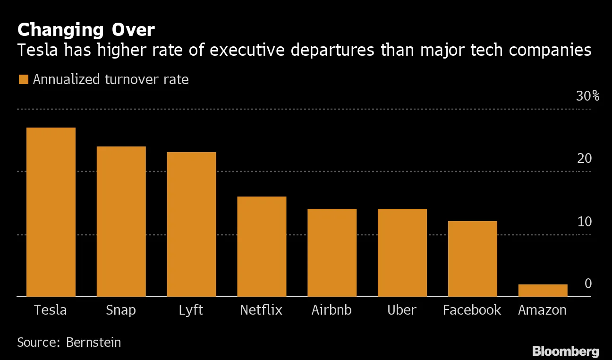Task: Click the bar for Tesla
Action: (51, 212)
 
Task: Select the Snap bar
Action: (121, 222)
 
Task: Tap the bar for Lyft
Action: (191, 224)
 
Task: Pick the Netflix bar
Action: (262, 247)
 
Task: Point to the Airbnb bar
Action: (332, 253)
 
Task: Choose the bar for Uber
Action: (402, 253)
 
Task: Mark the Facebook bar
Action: (473, 259)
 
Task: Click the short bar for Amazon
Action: (543, 291)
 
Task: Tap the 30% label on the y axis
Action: (587, 96)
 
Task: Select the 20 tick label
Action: (584, 159)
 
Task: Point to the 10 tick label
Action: (584, 222)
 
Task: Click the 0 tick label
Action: (588, 283)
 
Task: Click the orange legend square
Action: (23, 79)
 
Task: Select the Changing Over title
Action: (85, 30)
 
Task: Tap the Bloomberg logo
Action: (565, 351)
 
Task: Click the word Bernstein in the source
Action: (93, 342)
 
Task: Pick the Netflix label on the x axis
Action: (261, 310)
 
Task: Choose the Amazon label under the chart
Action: (542, 310)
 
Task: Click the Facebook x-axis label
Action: (472, 310)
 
